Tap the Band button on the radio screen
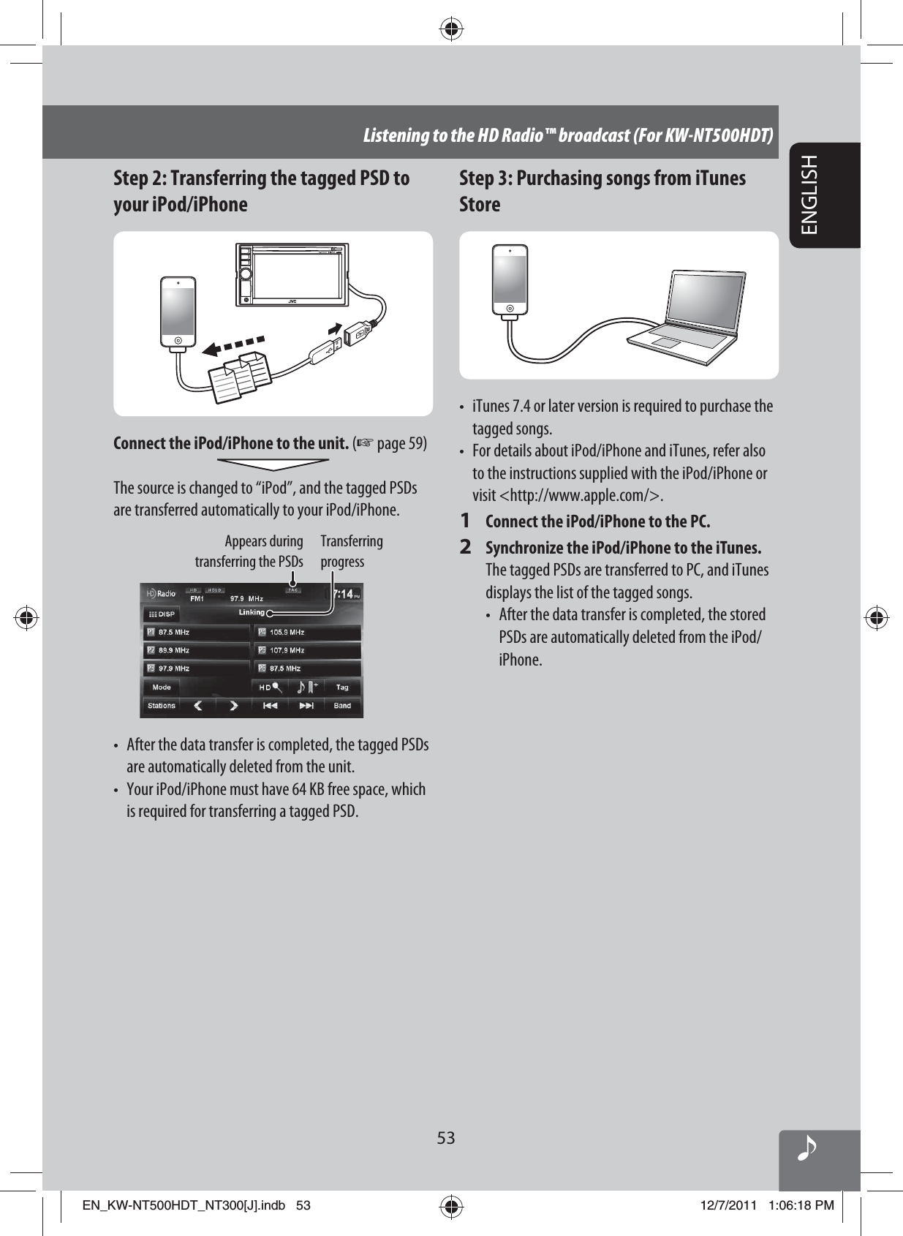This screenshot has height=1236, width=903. tap(342, 706)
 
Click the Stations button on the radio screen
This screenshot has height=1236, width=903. tap(162, 706)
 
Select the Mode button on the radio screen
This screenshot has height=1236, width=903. tap(162, 687)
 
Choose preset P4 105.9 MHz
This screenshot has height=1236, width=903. tap(307, 632)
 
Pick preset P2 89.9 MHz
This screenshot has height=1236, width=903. tap(194, 650)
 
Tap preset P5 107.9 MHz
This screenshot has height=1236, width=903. tap(307, 650)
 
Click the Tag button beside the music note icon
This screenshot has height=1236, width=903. tap(342, 687)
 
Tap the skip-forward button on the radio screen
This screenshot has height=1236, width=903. tap(306, 706)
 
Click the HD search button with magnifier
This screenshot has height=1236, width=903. tap(271, 687)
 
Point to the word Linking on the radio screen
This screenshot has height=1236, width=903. tap(252, 612)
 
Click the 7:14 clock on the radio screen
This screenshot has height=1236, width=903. tap(344, 594)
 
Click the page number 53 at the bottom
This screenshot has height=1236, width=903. tap(446, 1138)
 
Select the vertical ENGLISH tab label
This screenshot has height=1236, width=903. tap(810, 195)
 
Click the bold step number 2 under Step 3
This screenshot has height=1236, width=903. tap(465, 547)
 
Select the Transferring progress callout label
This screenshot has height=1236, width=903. tap(351, 551)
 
